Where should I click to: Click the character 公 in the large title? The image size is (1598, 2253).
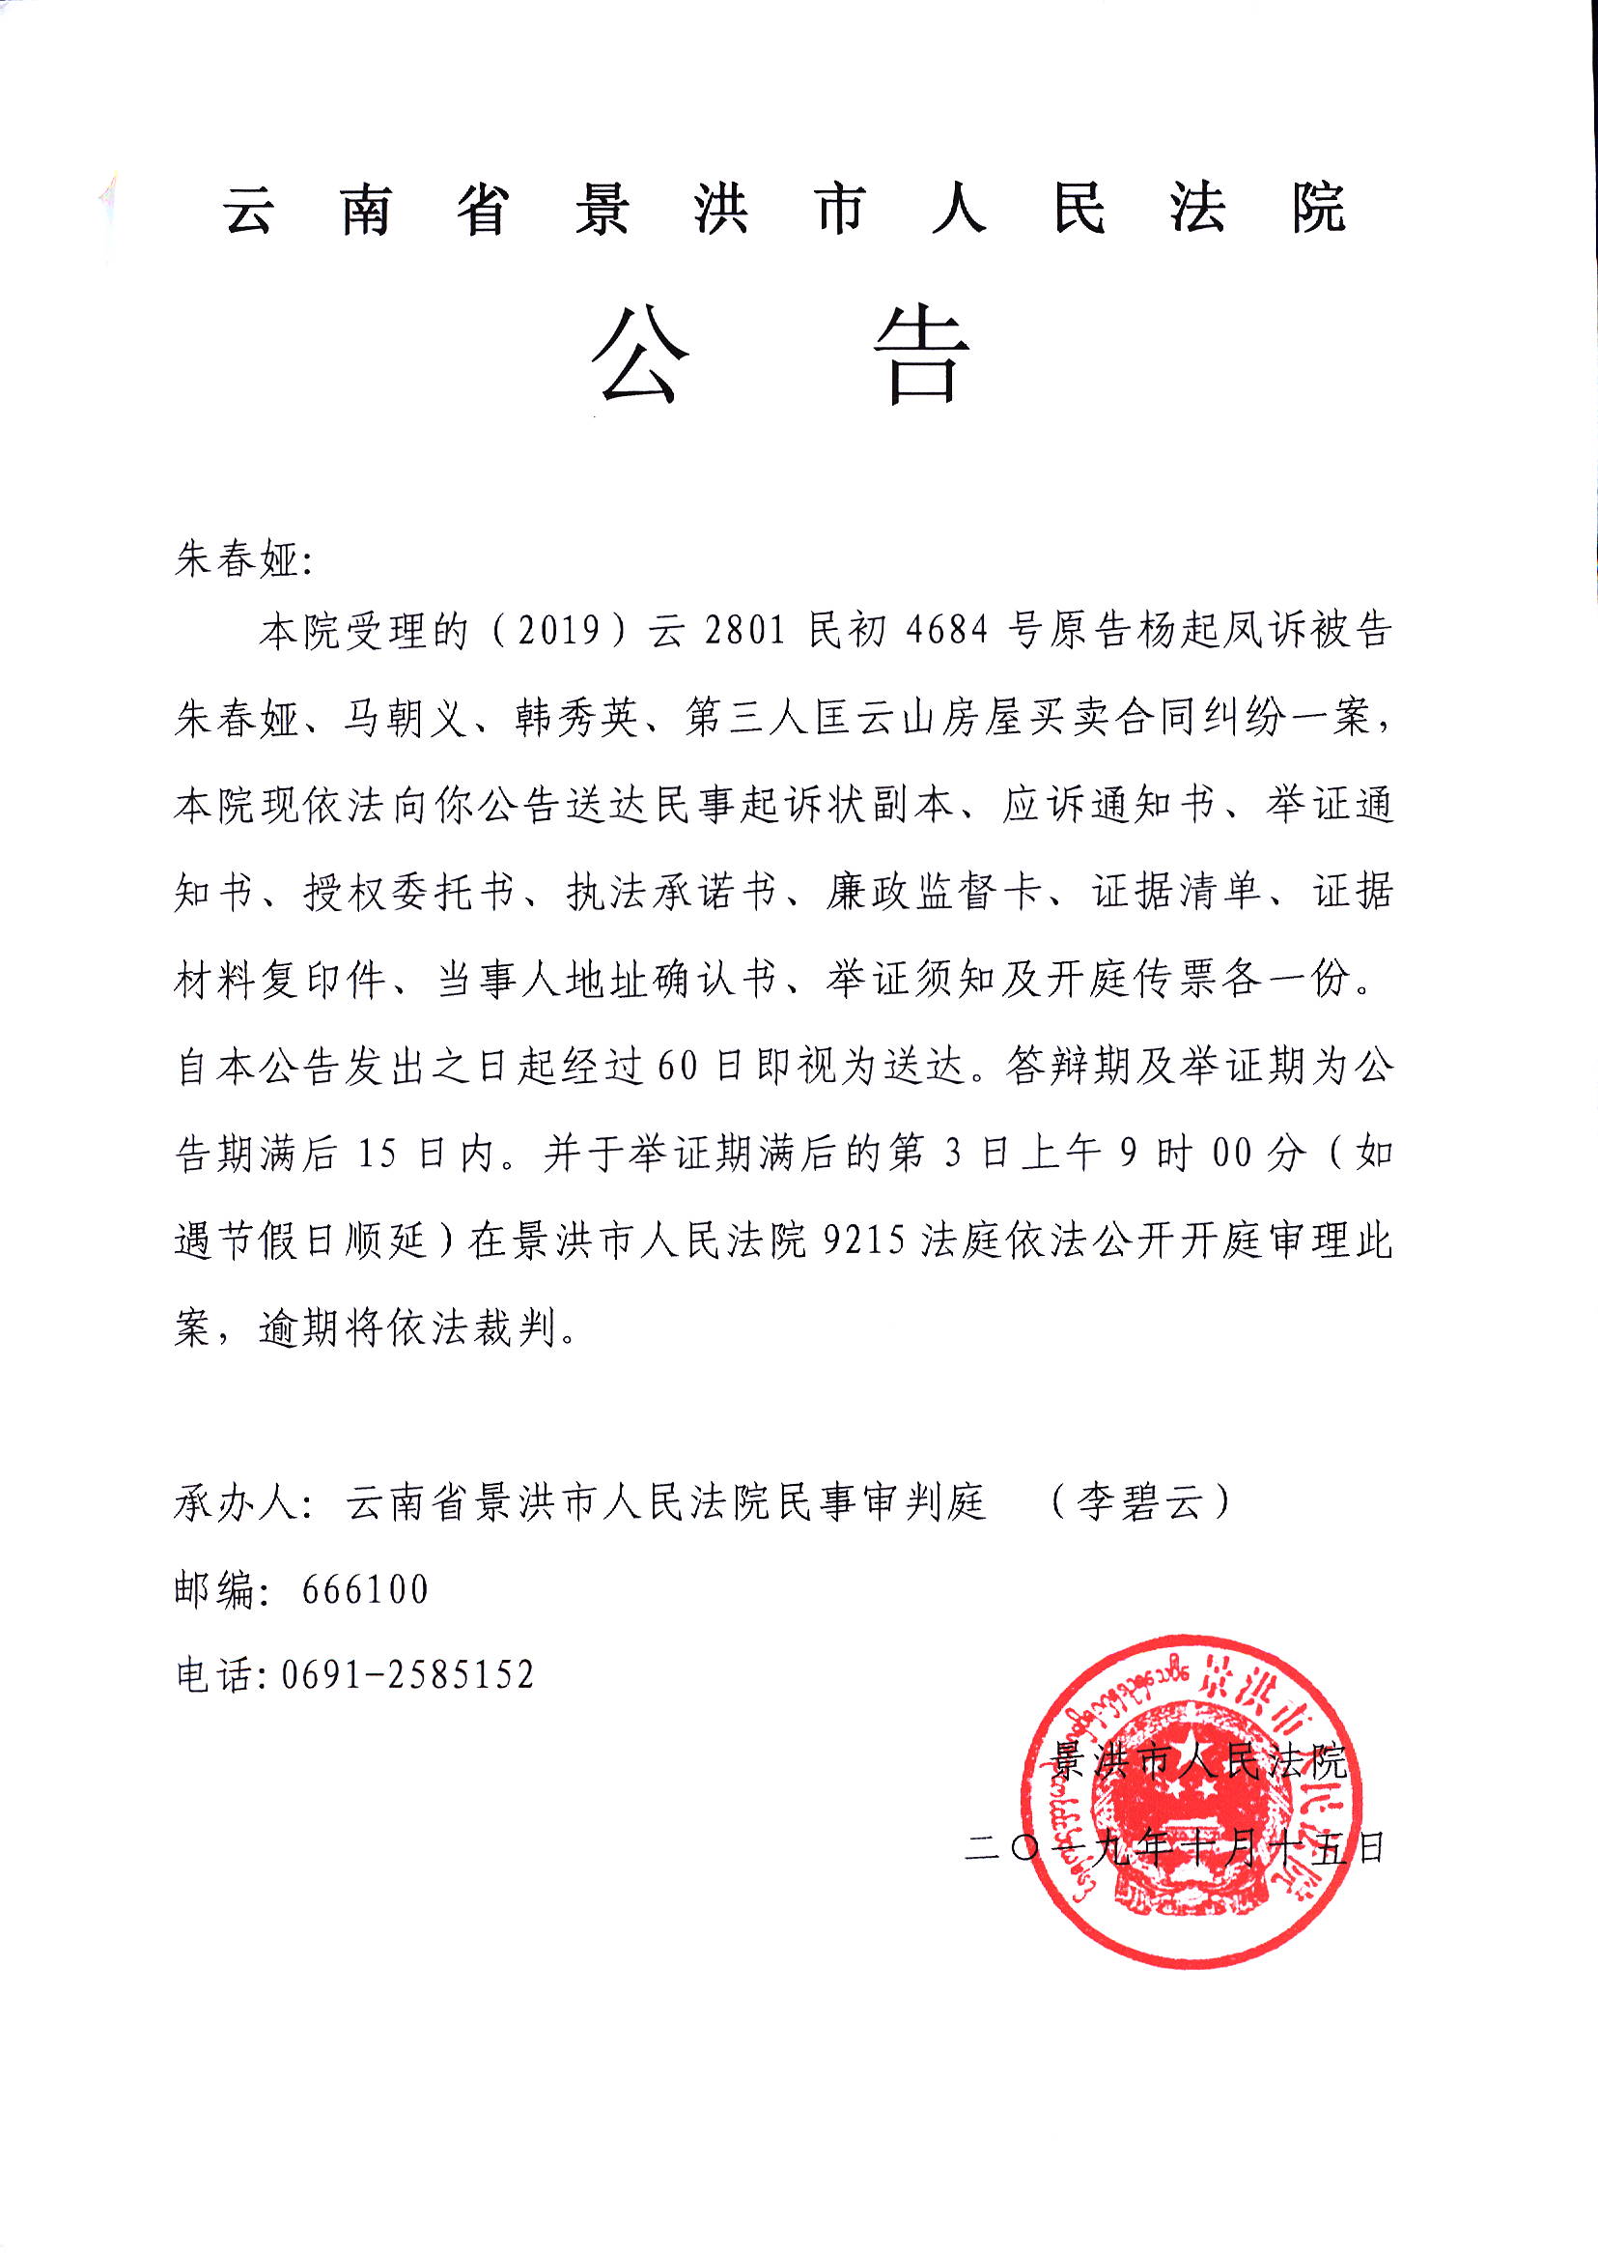(x=640, y=356)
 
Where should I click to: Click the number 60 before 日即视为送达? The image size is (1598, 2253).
(x=677, y=1067)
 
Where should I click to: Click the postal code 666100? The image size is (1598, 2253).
(x=365, y=1588)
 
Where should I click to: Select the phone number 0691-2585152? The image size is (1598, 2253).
(x=407, y=1674)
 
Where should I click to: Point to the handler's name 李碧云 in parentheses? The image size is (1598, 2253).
(x=1139, y=1503)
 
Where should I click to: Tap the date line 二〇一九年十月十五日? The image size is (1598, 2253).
(x=1176, y=1847)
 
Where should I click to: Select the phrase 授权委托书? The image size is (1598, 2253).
(x=408, y=893)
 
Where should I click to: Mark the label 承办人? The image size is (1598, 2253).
(x=237, y=1503)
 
